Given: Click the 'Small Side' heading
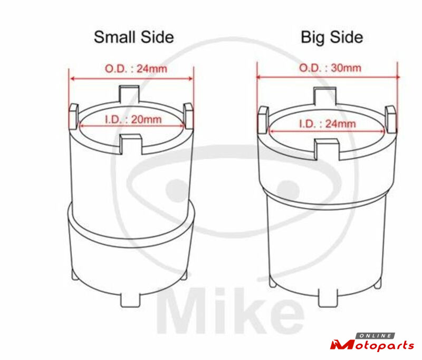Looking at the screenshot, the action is pos(134,37).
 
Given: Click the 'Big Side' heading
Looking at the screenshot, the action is pos(332,37).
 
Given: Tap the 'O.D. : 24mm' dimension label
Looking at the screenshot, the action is pos(136,69).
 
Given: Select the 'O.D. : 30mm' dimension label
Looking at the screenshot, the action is pos(330,68).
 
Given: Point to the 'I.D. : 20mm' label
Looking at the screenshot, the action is pos(133,119).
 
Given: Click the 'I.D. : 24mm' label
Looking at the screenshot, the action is pos(327,124).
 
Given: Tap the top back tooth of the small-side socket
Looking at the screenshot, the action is pos(130,94).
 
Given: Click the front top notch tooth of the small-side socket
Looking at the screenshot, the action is pos(131,144).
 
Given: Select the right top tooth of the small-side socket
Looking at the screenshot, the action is pos(188,116).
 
